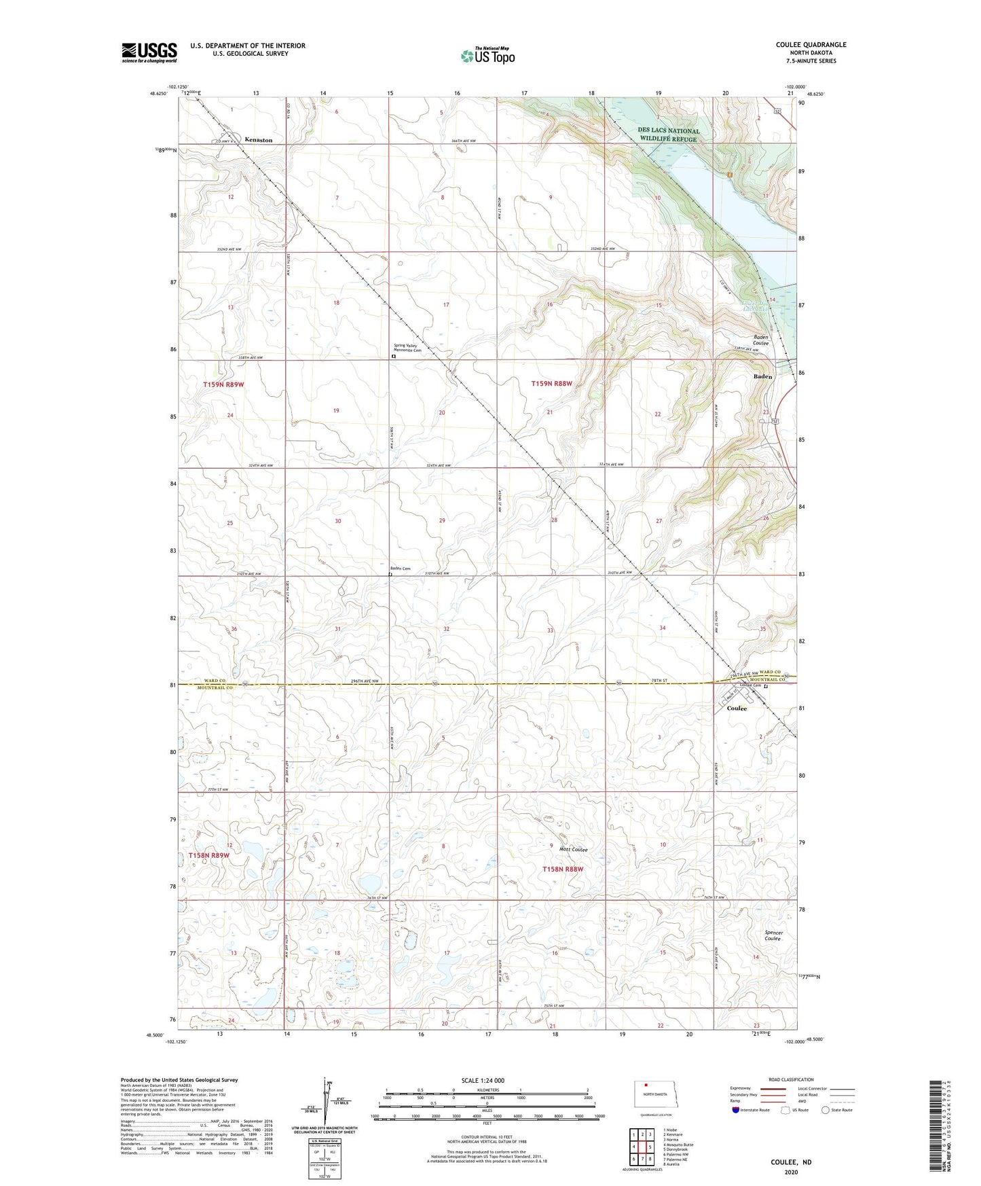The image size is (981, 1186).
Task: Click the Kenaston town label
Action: pyautogui.click(x=258, y=140)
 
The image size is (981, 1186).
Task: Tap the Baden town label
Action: pyautogui.click(x=762, y=376)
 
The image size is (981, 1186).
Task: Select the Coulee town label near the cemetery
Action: pyautogui.click(x=737, y=708)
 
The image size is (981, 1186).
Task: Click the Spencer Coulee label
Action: pyautogui.click(x=774, y=935)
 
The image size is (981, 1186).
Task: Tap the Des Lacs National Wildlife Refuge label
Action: pyautogui.click(x=668, y=134)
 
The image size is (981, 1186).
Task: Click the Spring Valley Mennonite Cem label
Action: pyautogui.click(x=408, y=348)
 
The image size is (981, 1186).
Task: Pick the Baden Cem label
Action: pyautogui.click(x=400, y=569)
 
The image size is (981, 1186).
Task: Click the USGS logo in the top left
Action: pyautogui.click(x=149, y=52)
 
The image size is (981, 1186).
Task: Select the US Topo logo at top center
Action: pyautogui.click(x=487, y=56)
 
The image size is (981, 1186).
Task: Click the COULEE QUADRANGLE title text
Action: pyautogui.click(x=811, y=45)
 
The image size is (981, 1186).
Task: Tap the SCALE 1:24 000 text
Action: pyautogui.click(x=483, y=1080)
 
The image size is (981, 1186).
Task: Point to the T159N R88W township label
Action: pyautogui.click(x=551, y=384)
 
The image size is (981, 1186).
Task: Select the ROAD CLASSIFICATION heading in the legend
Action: pyautogui.click(x=791, y=1079)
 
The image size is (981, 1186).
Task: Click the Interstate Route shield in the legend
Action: pyautogui.click(x=737, y=1110)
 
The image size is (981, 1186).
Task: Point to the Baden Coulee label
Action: pyautogui.click(x=760, y=340)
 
